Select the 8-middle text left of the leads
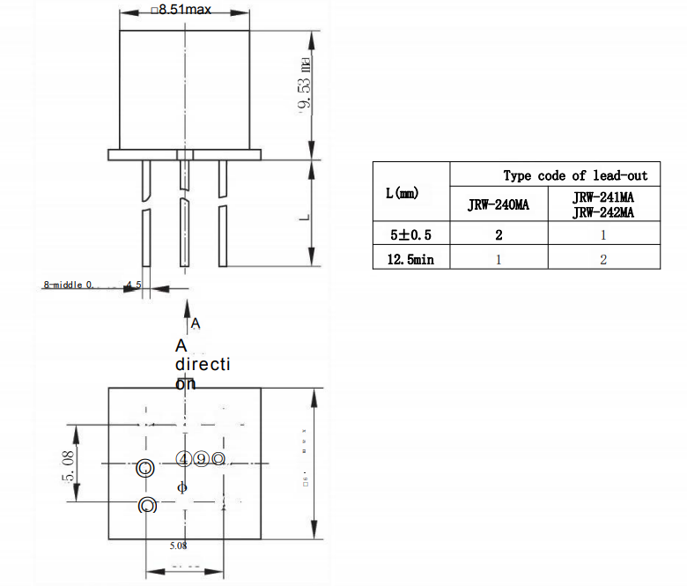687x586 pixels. tap(74, 286)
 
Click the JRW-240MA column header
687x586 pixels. tap(499, 206)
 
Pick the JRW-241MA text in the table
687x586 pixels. tap(603, 198)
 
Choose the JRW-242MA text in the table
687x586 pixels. tap(603, 213)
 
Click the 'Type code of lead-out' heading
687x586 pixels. tap(575, 175)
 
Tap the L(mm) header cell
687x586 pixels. tap(403, 192)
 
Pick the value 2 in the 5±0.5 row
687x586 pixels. tap(499, 235)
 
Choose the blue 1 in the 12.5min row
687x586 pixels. tap(499, 259)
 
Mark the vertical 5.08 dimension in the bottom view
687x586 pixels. tap(67, 464)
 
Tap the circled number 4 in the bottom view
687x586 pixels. tap(183, 459)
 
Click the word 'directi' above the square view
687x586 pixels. tap(202, 364)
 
